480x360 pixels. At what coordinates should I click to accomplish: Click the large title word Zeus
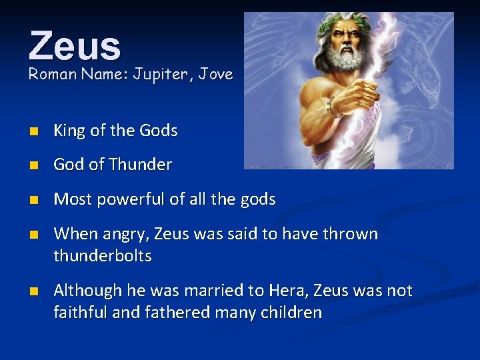[x=75, y=45]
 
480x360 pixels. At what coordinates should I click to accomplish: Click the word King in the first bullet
[x=69, y=131]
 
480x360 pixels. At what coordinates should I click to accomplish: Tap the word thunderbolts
[x=103, y=256]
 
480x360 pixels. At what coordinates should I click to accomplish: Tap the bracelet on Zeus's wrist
[x=331, y=106]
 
